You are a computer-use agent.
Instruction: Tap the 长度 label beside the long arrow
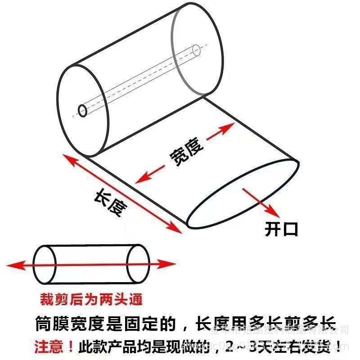coord(110,202)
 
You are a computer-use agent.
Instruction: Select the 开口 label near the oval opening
coord(281,230)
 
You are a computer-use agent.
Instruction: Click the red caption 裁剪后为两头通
coord(91,299)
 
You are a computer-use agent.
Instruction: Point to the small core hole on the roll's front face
coord(83,110)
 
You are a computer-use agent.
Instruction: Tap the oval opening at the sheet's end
coord(243,193)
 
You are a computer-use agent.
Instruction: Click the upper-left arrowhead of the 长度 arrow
coord(66,157)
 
